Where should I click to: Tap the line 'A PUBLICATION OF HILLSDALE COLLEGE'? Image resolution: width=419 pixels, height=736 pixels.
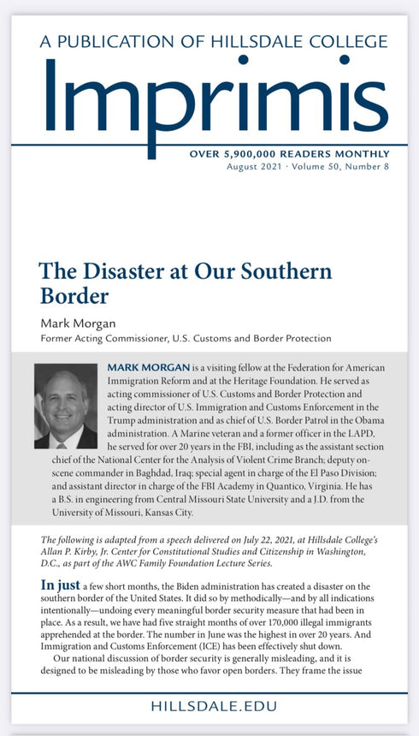point(209,40)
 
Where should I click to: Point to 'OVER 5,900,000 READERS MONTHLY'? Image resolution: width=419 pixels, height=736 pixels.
point(289,153)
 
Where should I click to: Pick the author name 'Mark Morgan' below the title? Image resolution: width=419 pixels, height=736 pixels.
point(76,323)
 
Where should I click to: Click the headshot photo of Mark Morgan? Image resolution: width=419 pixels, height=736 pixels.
point(65,407)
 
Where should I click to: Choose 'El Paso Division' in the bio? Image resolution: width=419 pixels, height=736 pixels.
point(351,475)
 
